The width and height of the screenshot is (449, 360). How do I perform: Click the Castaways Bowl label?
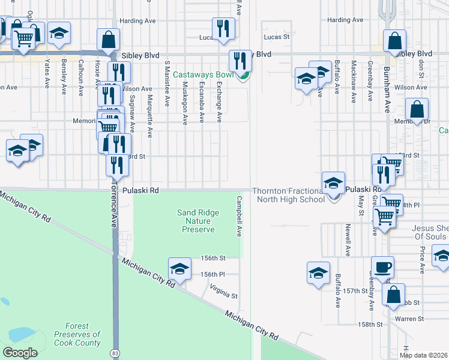point(204,75)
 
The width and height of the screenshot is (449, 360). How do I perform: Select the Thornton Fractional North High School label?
point(288,195)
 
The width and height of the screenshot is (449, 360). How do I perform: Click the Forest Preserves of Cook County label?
point(77,334)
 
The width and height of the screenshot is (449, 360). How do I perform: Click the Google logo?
point(20,353)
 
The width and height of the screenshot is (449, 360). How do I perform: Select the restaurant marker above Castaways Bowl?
point(240,61)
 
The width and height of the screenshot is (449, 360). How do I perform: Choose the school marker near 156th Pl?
point(179,269)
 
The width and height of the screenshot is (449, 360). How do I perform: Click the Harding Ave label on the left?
point(137,20)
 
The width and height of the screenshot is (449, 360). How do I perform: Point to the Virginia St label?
point(224,296)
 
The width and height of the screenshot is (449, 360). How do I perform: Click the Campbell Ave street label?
point(239,216)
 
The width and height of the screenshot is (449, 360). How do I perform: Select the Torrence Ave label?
point(112,213)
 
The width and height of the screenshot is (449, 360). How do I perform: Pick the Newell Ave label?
point(348,240)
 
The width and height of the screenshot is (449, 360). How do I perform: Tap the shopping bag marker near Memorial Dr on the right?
point(416,110)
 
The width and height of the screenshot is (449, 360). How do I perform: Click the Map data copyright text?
point(424,355)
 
